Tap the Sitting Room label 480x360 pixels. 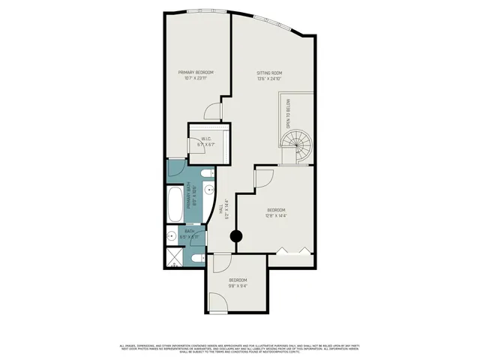[x=269, y=73]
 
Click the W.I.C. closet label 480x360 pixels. [x=208, y=139]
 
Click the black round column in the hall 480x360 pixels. [x=236, y=237]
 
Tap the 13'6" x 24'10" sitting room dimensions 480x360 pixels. [x=269, y=79]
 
